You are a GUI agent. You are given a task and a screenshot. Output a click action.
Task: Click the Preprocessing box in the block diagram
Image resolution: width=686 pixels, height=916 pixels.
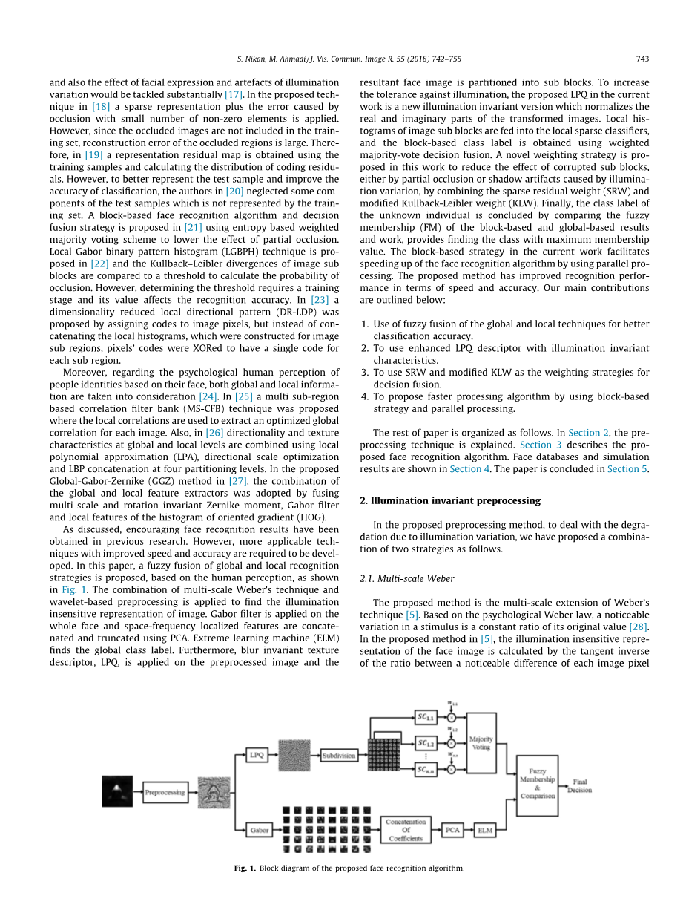pos(165,792)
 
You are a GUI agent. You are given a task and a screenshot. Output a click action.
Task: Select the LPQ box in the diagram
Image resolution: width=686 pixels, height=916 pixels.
pos(257,755)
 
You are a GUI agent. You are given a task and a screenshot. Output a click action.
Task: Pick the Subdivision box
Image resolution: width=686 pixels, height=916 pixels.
pos(339,755)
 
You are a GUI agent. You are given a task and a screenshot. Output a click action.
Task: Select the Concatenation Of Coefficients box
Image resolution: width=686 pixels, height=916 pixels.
pos(406,829)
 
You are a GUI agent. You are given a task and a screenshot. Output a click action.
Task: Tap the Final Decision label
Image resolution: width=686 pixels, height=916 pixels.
pos(579,786)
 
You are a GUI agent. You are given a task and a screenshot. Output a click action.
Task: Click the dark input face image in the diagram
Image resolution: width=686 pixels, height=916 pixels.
pos(116,791)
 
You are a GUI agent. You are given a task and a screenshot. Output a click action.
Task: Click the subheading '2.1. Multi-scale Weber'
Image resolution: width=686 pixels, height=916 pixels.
pos(407,578)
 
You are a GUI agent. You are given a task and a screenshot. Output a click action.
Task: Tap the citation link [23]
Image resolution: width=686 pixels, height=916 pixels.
pos(320,300)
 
